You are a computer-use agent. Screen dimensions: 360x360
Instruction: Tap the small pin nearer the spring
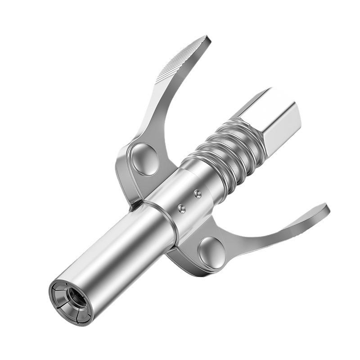tap(197, 193)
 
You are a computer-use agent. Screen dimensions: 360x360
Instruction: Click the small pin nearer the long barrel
tap(181, 208)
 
